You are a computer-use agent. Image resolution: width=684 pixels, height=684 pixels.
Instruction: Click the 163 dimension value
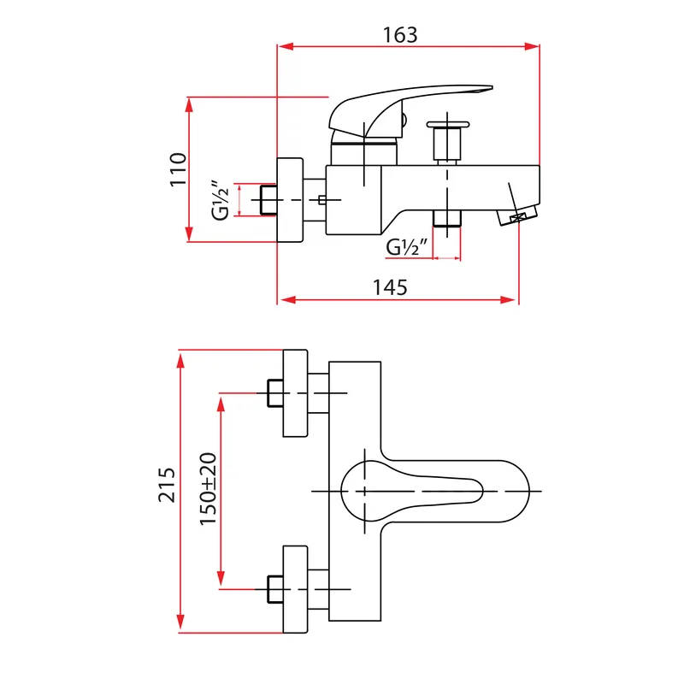tap(400, 35)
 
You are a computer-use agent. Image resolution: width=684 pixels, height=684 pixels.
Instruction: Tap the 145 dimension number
tap(390, 287)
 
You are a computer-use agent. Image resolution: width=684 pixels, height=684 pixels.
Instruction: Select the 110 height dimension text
tap(178, 169)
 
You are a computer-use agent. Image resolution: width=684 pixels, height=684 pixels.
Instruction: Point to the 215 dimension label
tap(166, 485)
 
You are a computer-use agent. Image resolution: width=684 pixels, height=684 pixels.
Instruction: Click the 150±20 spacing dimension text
tap(208, 489)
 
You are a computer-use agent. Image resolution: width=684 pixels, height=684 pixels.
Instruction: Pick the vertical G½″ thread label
tap(221, 200)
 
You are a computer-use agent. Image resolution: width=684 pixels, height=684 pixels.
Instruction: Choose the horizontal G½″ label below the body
tap(407, 247)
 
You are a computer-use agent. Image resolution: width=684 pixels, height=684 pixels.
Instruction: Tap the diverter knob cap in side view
tap(447, 125)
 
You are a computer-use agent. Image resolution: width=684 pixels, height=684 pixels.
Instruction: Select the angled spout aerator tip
tap(517, 215)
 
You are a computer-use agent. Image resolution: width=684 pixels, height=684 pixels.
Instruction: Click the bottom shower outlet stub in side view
tap(447, 218)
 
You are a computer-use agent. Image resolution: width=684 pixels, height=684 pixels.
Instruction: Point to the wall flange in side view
tap(290, 200)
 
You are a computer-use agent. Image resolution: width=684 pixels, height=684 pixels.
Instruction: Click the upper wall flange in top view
tap(295, 393)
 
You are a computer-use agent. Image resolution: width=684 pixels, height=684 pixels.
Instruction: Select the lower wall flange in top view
tap(295, 589)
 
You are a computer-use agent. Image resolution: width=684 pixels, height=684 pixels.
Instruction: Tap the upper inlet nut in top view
tap(275, 393)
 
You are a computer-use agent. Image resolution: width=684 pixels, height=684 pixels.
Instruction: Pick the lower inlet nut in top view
tap(275, 589)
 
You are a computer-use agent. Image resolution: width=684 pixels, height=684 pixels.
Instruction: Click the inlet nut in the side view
tap(268, 200)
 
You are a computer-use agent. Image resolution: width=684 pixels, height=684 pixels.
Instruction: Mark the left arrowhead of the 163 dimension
tap(286, 47)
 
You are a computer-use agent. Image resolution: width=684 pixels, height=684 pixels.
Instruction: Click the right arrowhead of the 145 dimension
tap(508, 300)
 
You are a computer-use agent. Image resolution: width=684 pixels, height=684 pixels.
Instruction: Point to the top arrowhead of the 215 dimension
tap(180, 361)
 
